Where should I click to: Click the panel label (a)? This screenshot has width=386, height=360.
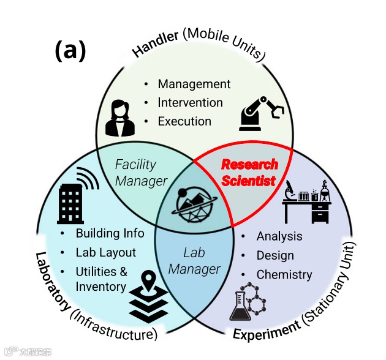70,51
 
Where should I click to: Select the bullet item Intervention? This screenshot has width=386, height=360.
190,102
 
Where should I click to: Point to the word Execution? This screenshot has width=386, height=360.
184,121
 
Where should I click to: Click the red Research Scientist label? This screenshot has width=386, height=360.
249,173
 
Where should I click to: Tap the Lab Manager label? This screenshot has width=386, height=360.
194,261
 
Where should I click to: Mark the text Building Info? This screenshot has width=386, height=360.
110,233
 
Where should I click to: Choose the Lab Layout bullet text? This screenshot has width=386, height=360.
106,252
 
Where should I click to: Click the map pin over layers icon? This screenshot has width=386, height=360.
148,296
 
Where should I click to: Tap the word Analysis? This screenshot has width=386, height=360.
279,236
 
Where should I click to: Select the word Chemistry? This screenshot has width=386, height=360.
284,275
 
